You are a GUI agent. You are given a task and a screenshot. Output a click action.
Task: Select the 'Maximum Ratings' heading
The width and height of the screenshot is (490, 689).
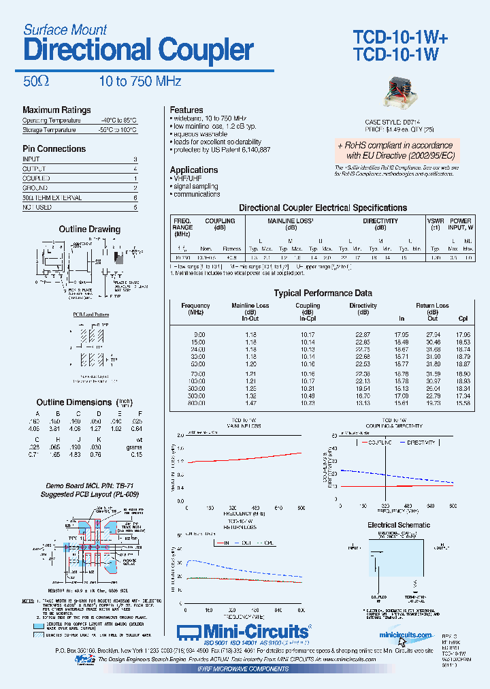(56, 110)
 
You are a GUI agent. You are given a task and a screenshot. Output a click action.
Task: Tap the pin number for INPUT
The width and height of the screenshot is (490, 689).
(135, 159)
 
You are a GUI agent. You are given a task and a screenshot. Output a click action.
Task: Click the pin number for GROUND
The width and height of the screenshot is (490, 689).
(135, 187)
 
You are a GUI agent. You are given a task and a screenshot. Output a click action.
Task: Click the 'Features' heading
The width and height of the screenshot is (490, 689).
(186, 110)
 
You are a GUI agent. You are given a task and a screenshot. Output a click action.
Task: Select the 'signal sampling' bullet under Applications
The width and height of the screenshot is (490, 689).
(195, 186)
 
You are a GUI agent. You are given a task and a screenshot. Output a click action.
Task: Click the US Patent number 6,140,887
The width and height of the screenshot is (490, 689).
(256, 149)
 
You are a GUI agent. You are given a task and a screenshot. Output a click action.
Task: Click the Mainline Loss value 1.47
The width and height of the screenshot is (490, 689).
(250, 403)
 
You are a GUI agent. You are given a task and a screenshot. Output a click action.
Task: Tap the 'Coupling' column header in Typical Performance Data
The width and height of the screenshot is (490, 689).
(308, 306)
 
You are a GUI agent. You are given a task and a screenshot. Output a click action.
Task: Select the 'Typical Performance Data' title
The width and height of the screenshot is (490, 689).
(323, 293)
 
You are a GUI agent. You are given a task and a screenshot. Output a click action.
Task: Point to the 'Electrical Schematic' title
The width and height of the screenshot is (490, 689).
(398, 525)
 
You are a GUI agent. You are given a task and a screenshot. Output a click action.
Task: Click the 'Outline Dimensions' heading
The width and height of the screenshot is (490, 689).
(73, 402)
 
